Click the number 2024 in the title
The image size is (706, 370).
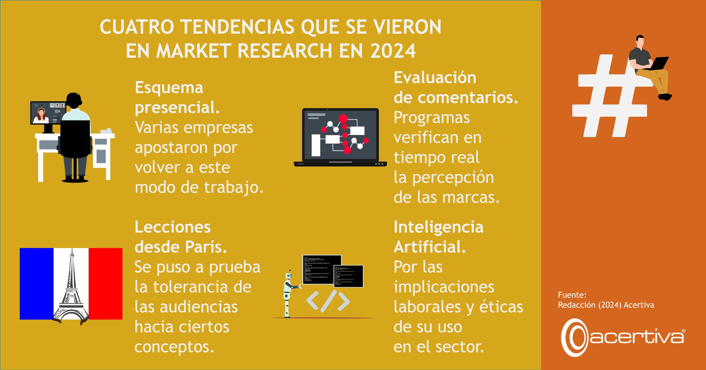point(393,51)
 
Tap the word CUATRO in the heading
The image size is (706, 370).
point(137,27)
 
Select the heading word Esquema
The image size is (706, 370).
point(169,88)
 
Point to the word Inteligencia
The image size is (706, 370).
point(438,227)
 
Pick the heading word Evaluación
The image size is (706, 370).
point(435,78)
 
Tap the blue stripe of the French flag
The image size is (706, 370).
point(36,284)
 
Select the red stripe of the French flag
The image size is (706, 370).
point(106,284)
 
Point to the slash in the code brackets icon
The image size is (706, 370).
point(328,301)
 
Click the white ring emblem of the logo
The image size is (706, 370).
point(575,337)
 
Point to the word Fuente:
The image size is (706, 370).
point(572,295)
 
